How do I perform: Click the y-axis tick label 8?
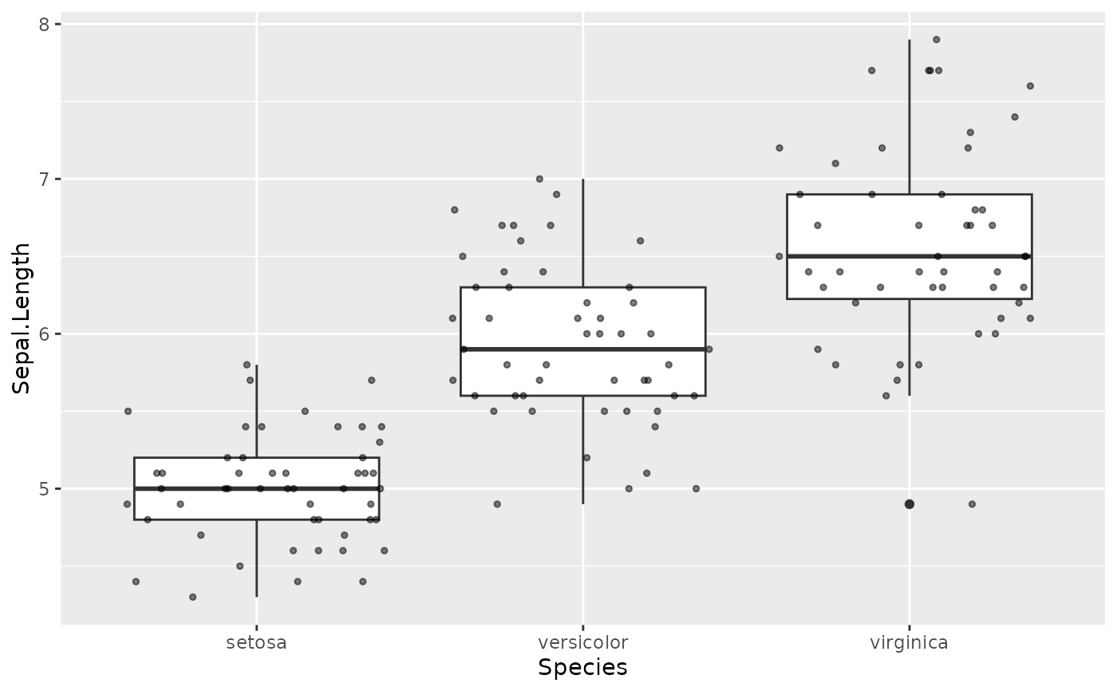click(x=45, y=25)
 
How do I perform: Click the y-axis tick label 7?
click(x=45, y=180)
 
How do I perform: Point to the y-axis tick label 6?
click(x=45, y=334)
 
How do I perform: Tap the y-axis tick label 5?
click(x=45, y=489)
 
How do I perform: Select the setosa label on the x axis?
click(x=256, y=642)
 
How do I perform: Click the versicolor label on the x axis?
click(x=582, y=642)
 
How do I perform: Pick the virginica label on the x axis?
click(x=909, y=642)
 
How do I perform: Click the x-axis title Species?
click(x=582, y=668)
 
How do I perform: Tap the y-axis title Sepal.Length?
click(x=22, y=318)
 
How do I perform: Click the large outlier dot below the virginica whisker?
click(x=909, y=503)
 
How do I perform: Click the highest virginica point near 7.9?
click(x=936, y=39)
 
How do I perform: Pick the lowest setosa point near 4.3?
click(x=192, y=597)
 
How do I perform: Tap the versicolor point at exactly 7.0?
click(x=539, y=179)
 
